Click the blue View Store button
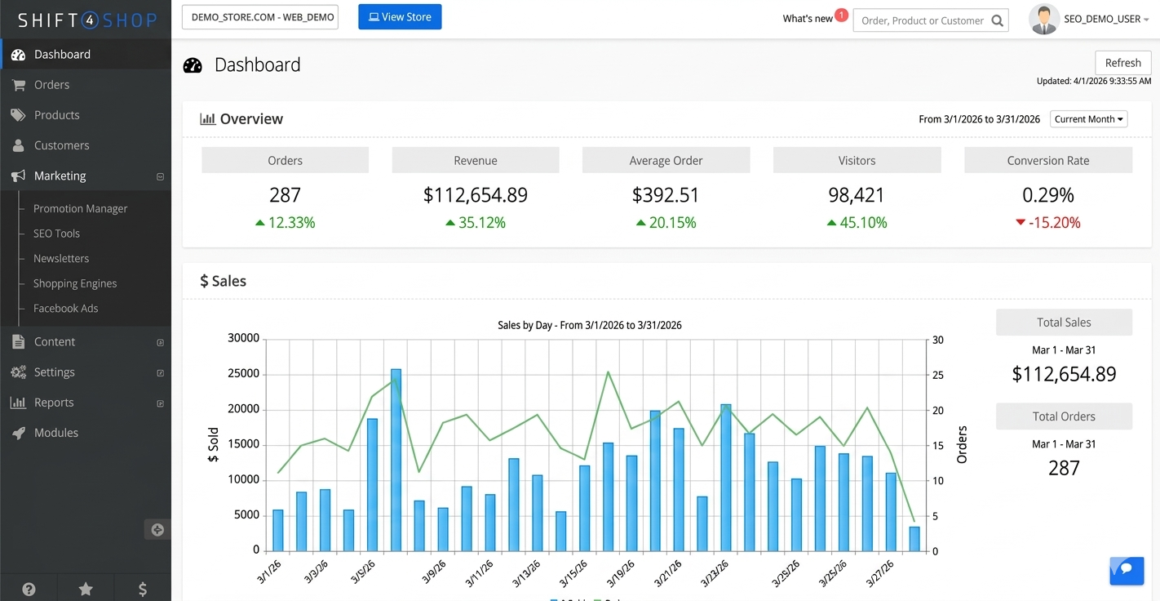tap(400, 17)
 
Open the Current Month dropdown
tap(1088, 119)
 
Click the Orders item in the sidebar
tap(51, 85)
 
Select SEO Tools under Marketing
tap(56, 234)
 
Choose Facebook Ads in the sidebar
tap(65, 309)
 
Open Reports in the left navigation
tap(54, 403)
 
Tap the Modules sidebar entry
tap(56, 433)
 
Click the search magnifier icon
tap(997, 20)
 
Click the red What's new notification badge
tap(841, 16)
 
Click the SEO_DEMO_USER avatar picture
tap(1043, 20)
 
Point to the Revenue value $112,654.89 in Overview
tap(475, 195)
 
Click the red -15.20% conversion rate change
tap(1048, 223)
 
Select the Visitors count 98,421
tap(857, 195)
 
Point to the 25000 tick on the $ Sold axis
tap(243, 374)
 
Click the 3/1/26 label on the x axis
tap(270, 572)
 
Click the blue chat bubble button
tap(1126, 570)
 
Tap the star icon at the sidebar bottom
tap(86, 589)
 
